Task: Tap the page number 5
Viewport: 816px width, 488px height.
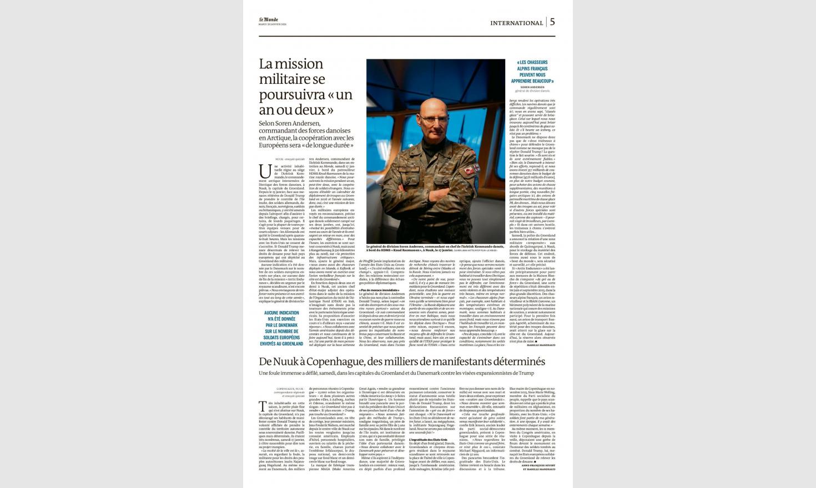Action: (552, 22)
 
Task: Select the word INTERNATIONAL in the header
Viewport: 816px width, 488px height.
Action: (516, 23)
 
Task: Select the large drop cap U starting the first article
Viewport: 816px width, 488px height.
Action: (264, 169)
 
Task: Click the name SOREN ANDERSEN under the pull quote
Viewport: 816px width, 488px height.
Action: (532, 87)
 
